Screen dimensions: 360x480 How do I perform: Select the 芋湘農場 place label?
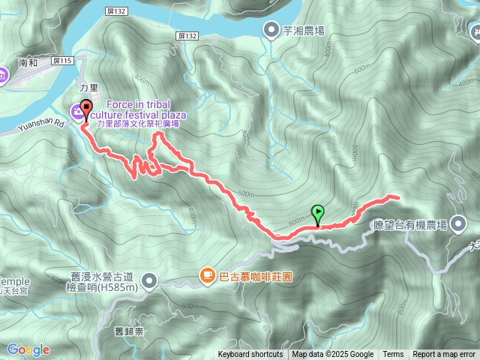pos(304,30)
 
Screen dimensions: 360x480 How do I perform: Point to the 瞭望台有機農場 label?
pos(409,224)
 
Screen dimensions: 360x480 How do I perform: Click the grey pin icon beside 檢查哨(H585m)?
pos(150,281)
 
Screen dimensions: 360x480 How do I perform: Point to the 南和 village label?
pos(28,64)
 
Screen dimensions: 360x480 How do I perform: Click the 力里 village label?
pos(88,86)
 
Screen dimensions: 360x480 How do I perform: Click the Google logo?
pos(28,349)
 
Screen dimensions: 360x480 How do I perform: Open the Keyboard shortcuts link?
pos(250,355)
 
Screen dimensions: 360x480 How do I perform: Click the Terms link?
pos(393,355)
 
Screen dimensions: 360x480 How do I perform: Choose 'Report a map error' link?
pos(444,355)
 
